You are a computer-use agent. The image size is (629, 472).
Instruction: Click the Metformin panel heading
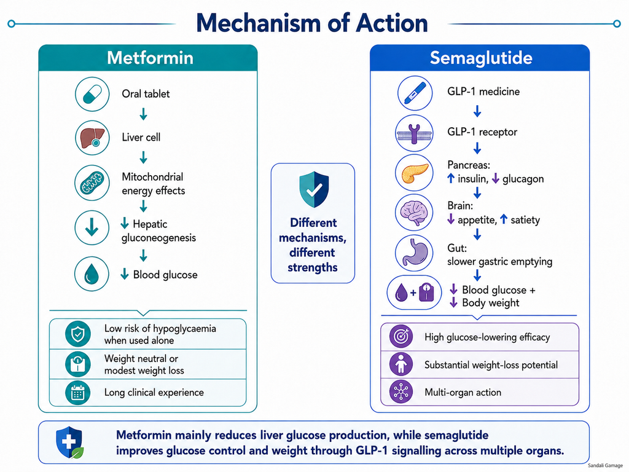point(150,58)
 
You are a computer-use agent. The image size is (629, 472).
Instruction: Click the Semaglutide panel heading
point(481,58)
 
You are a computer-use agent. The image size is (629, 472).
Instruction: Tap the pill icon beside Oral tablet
point(92,94)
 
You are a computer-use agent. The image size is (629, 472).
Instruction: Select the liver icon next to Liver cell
point(92,138)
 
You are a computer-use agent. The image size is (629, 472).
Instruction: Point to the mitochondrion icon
point(92,183)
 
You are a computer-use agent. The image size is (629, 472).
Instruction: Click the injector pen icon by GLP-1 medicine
point(415,93)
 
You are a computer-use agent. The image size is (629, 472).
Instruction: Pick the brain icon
point(414,213)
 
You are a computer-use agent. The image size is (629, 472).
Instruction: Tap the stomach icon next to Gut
point(414,253)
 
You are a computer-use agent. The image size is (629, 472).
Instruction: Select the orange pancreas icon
point(414,173)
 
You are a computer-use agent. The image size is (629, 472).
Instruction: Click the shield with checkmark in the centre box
point(314,189)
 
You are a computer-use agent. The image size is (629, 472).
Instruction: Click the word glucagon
point(523,179)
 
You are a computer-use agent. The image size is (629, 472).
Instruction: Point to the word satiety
point(525,220)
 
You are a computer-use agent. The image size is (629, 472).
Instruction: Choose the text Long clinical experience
point(154,393)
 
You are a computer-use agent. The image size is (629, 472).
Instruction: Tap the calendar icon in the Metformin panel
point(78,393)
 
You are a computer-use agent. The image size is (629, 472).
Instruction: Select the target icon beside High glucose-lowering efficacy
point(400,336)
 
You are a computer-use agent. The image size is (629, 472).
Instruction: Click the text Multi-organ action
point(463,392)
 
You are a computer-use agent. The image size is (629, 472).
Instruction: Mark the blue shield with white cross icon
point(69,442)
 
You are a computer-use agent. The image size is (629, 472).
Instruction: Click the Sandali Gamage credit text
point(605,466)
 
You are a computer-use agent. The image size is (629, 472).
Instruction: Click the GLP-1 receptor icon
point(414,133)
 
